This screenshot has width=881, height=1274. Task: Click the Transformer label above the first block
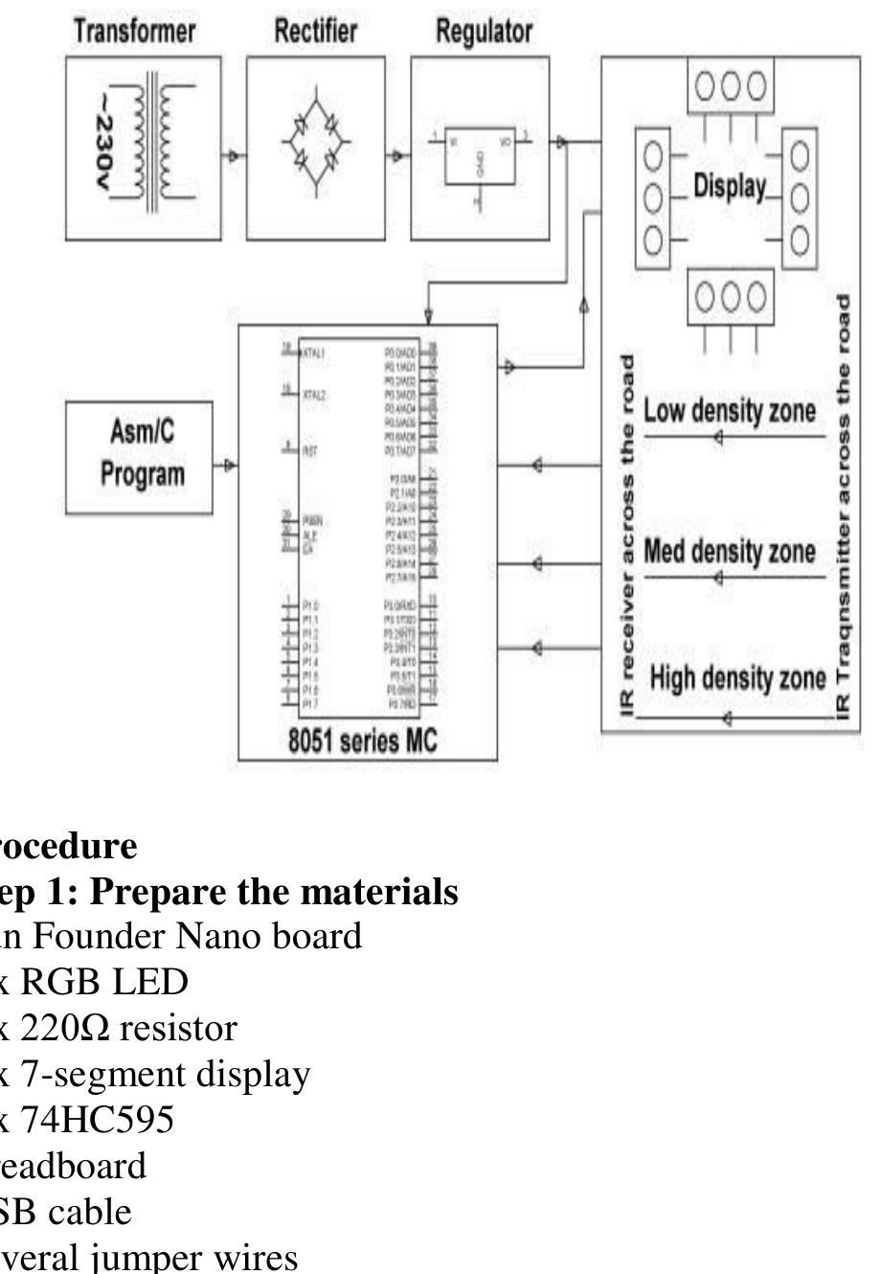135,31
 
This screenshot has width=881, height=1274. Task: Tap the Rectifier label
316,31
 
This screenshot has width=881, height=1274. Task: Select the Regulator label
484,31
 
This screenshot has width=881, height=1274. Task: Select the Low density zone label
730,411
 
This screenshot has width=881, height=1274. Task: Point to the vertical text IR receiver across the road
627,536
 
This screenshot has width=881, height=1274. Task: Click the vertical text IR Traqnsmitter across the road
844,508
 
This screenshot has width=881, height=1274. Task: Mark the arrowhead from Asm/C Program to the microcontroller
228,466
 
